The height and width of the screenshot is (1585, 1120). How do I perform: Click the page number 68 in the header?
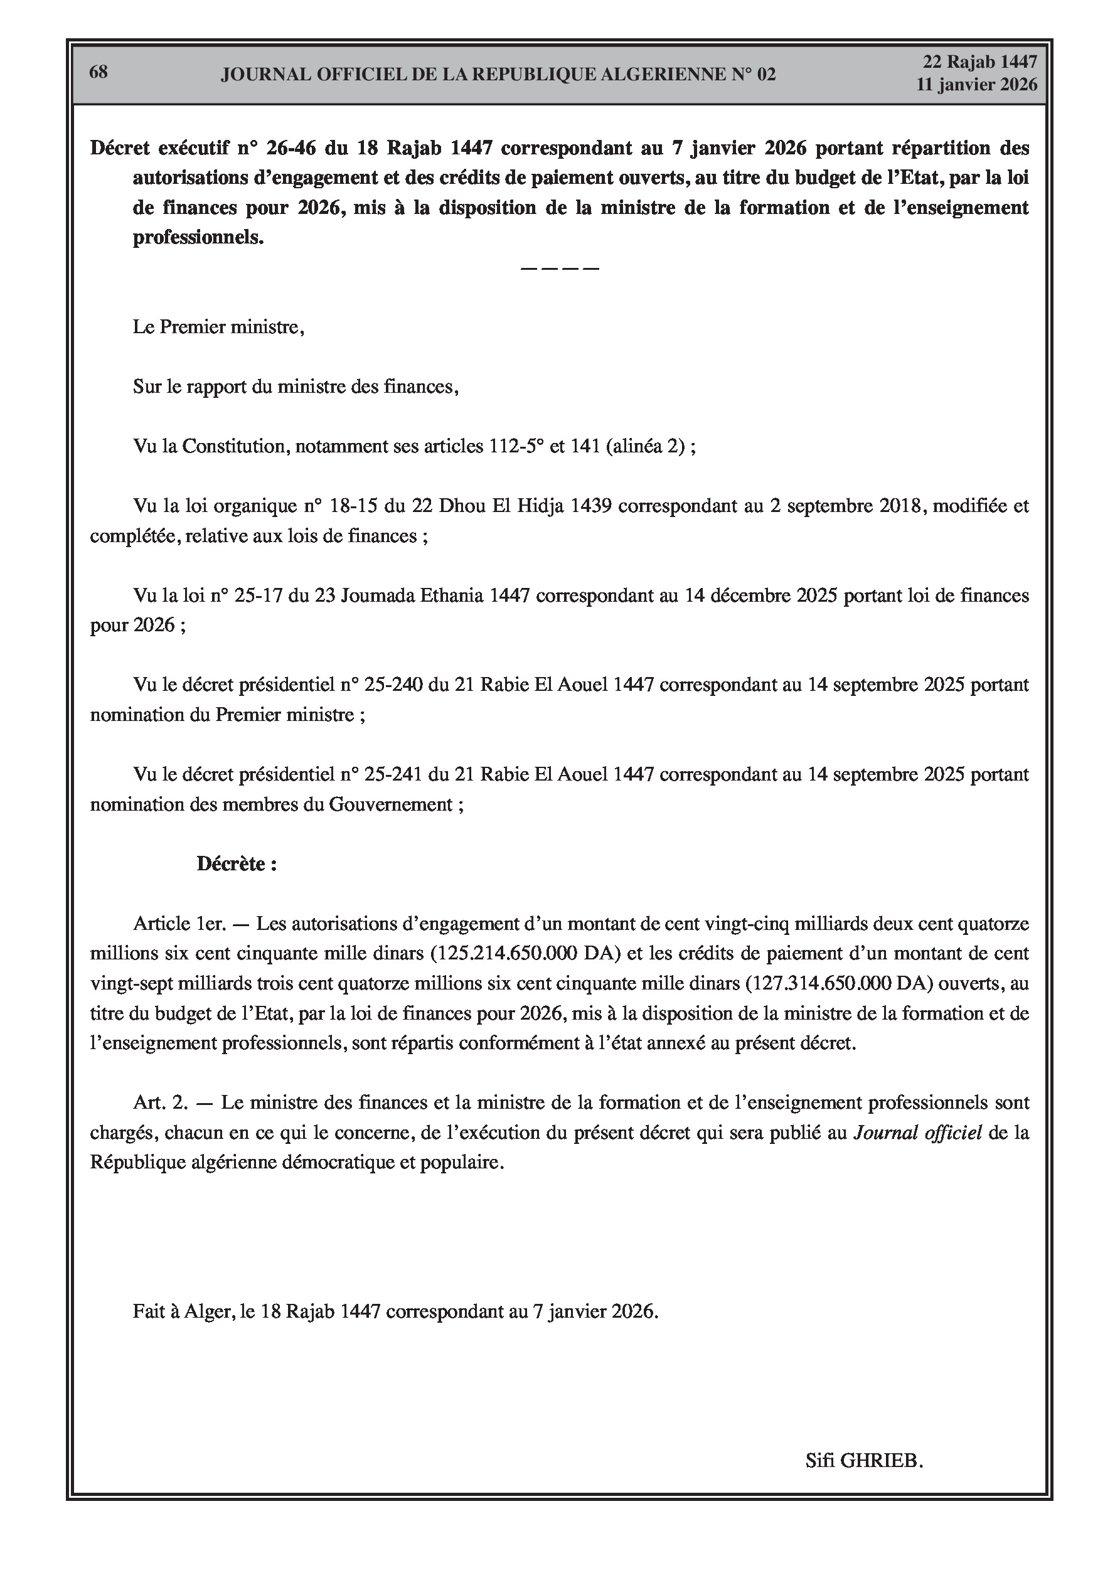coord(99,72)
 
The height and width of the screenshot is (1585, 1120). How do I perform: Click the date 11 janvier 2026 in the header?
coord(976,84)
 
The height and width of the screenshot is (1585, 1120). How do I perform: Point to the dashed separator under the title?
coord(559,268)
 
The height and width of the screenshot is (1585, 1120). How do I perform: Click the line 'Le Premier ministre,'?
coord(218,326)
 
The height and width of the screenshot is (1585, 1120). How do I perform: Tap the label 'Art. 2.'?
coord(160,1102)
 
